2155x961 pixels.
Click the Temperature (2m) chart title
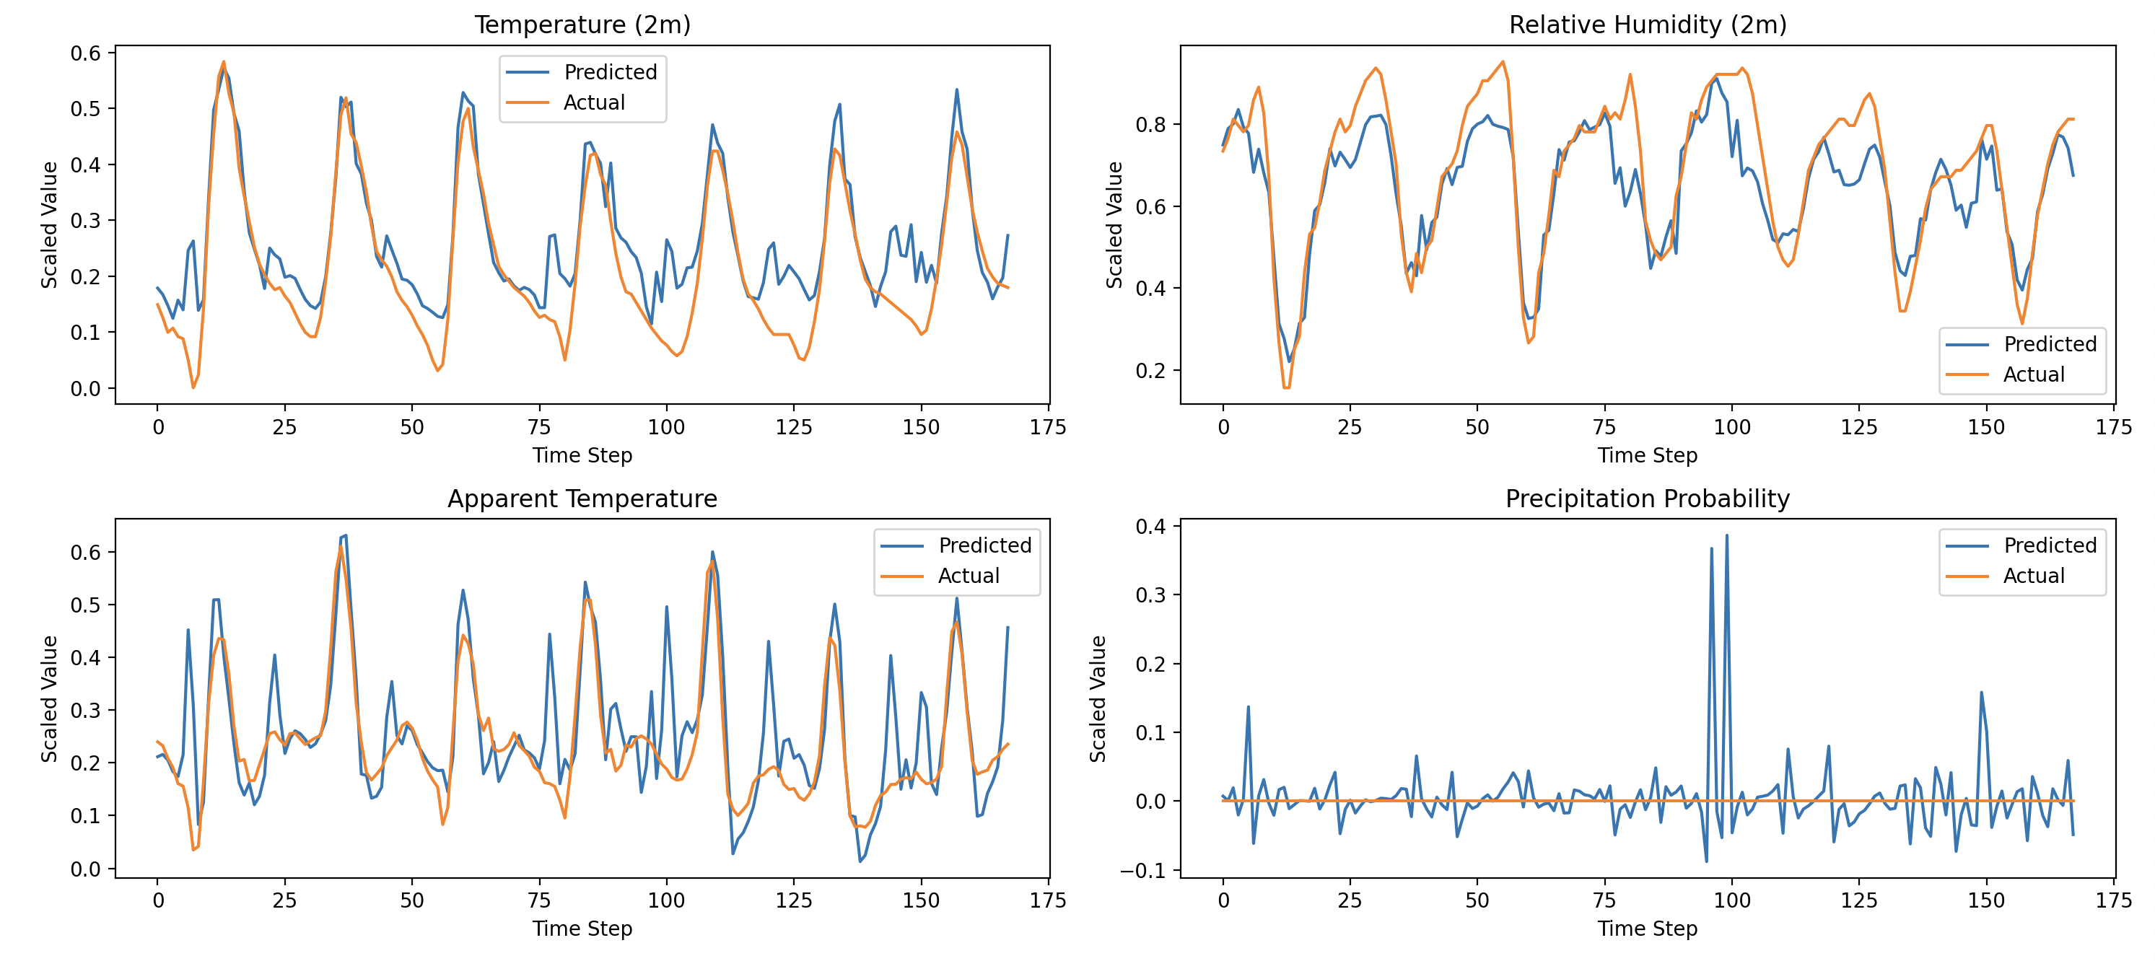(x=582, y=25)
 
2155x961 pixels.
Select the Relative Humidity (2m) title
(x=1647, y=25)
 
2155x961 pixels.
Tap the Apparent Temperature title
(x=582, y=499)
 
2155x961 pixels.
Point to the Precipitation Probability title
(x=1647, y=499)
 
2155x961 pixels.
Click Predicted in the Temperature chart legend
(x=610, y=72)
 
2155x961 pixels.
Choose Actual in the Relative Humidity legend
(x=2033, y=374)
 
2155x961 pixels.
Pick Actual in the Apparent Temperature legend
(x=968, y=576)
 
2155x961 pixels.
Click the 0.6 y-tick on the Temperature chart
(x=85, y=53)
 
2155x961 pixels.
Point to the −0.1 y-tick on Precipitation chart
(x=1142, y=871)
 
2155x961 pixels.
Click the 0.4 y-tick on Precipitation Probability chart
(x=1150, y=526)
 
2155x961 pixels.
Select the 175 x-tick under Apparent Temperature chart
(x=1047, y=900)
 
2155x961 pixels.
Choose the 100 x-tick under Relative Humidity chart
(x=1731, y=427)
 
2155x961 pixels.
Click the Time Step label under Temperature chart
(x=582, y=455)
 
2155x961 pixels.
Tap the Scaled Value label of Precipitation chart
(x=1098, y=698)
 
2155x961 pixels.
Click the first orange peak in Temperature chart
(x=223, y=62)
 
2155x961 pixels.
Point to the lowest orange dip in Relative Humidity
(x=1287, y=387)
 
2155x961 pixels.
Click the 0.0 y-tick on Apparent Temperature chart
(x=85, y=869)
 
